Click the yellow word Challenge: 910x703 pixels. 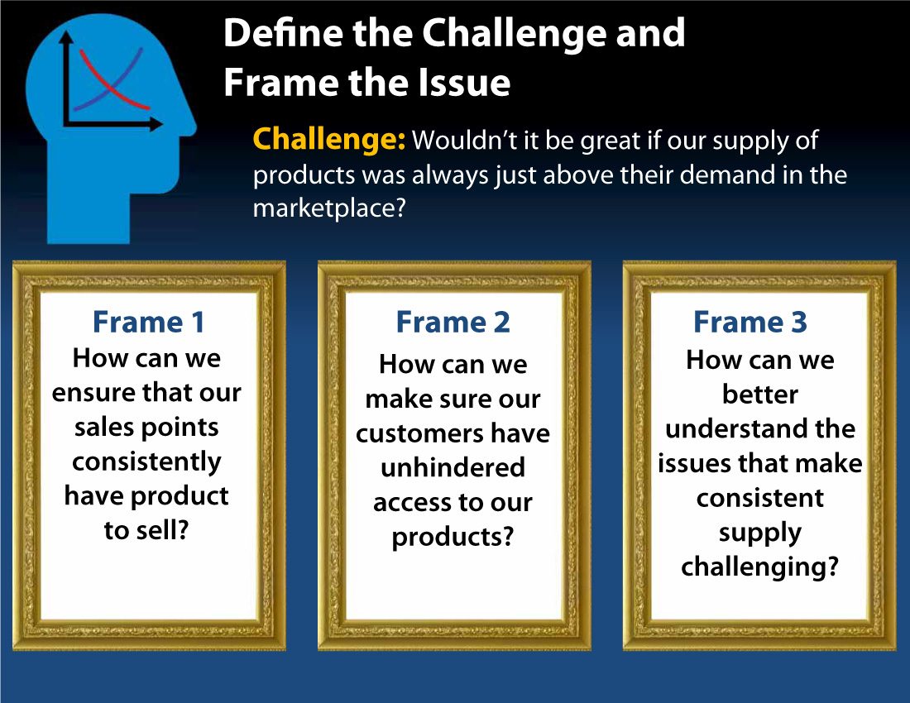click(x=328, y=140)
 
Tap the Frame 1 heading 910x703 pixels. click(x=148, y=322)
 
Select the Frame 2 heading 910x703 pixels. click(x=453, y=322)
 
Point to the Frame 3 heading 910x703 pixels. click(x=750, y=322)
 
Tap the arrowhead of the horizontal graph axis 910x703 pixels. click(x=157, y=125)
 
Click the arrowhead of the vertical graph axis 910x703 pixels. click(x=66, y=37)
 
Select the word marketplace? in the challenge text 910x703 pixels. click(x=328, y=208)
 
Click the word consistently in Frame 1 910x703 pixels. click(x=147, y=461)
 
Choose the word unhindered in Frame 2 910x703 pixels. click(x=453, y=468)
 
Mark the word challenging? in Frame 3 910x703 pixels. click(x=759, y=567)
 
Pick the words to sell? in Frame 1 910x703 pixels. click(x=147, y=530)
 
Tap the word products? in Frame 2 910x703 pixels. click(x=453, y=537)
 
